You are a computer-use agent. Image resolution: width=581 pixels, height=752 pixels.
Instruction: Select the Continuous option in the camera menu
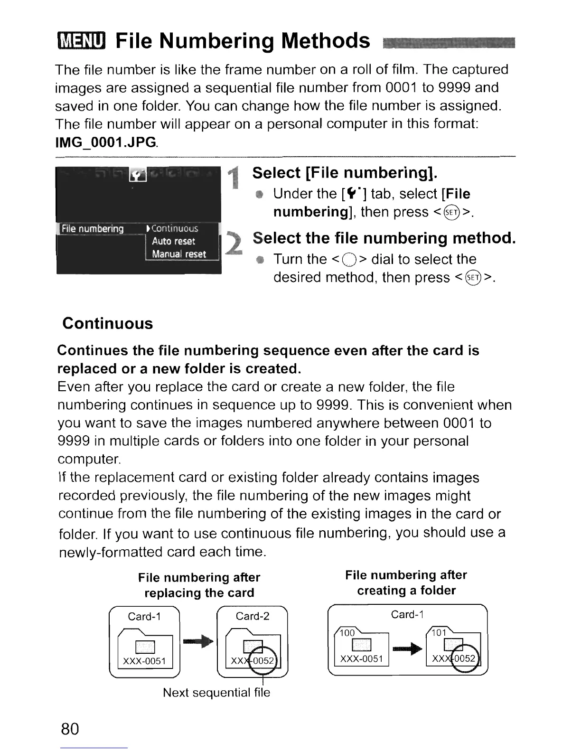(x=175, y=229)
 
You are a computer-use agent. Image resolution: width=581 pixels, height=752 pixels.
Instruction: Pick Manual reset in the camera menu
(x=178, y=254)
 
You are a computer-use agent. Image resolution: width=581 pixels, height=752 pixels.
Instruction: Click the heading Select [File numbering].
(x=345, y=173)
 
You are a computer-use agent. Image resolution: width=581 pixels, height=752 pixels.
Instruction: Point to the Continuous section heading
(x=108, y=324)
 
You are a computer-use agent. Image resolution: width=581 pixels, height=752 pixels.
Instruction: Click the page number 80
(x=70, y=728)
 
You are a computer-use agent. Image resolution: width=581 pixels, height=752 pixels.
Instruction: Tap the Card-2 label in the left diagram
(x=253, y=616)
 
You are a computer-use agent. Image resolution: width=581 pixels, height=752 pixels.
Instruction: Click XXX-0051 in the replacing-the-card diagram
(x=144, y=661)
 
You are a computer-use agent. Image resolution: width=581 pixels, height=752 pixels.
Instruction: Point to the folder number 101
(x=439, y=633)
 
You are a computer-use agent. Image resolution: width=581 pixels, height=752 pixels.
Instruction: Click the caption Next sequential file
(x=216, y=693)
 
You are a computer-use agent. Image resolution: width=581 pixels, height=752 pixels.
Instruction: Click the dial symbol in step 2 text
(x=349, y=260)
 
